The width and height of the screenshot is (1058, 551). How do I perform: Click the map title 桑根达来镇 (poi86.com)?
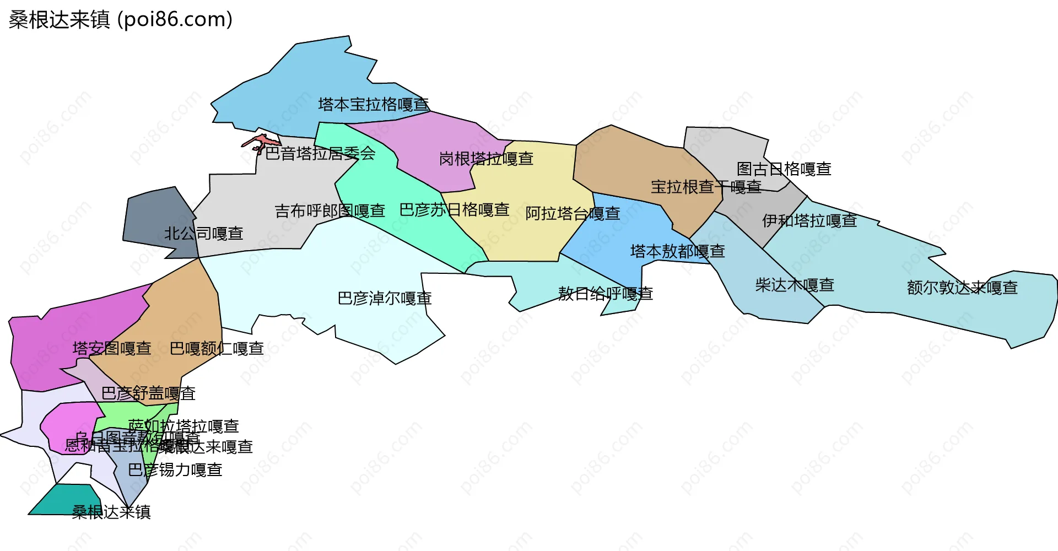coord(120,20)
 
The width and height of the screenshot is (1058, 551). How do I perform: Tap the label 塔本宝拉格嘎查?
coord(373,104)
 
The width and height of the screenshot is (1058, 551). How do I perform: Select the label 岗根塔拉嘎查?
coord(486,159)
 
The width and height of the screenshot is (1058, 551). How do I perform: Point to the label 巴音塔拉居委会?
coord(320,153)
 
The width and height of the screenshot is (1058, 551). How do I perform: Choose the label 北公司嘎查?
coord(203,234)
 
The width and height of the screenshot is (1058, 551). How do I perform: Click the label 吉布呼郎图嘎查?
coord(330,210)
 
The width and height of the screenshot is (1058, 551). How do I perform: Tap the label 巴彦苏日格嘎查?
coord(454,209)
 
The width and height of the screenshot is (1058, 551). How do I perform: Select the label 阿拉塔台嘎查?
coord(573,213)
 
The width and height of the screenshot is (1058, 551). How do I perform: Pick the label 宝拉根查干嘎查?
coord(706,187)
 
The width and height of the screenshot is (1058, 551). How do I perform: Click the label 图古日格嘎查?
coord(784,169)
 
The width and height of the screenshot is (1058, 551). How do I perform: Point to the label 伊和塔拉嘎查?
coord(809,220)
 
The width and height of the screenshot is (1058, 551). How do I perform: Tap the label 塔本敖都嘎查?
coord(677,251)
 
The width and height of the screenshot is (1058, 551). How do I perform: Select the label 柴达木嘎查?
coord(794,285)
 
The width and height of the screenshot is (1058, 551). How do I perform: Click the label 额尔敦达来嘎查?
coord(962,288)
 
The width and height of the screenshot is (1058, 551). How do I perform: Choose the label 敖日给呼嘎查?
coord(605,294)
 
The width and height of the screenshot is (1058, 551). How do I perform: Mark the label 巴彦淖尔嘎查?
coord(384,299)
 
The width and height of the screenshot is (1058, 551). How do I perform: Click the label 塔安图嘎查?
coord(112,348)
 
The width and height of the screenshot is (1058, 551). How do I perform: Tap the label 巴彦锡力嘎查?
coord(175,470)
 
